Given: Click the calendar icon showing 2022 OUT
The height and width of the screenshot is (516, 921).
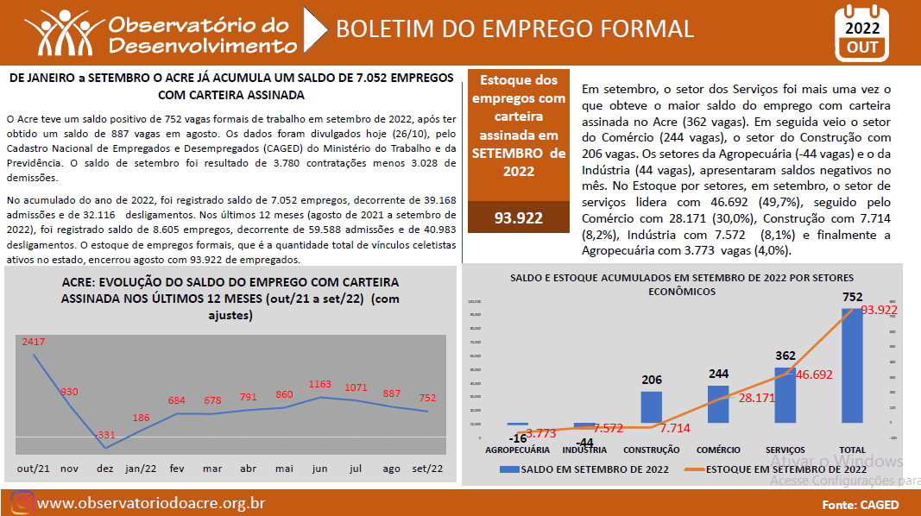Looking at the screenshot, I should [x=863, y=33].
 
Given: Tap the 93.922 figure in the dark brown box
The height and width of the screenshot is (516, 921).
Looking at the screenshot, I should [x=518, y=217].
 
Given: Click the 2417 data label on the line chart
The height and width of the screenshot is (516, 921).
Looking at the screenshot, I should [x=34, y=342].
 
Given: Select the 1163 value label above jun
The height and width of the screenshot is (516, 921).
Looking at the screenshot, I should [x=319, y=384].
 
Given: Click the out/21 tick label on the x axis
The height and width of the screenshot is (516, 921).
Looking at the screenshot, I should [x=34, y=469].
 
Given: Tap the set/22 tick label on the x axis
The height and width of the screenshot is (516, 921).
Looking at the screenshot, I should [x=428, y=469].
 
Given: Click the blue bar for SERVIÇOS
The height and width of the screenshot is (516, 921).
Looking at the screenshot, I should [x=785, y=395].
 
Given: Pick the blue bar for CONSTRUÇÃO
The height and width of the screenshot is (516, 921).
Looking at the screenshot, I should [x=652, y=406].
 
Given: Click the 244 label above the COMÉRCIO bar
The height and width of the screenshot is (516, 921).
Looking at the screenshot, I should [x=718, y=374].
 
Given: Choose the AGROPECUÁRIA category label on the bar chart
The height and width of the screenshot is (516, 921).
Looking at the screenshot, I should [x=517, y=450].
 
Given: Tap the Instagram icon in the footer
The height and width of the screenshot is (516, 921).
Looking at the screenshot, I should [x=22, y=503].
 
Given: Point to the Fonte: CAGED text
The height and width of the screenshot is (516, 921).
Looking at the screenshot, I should [x=861, y=505].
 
